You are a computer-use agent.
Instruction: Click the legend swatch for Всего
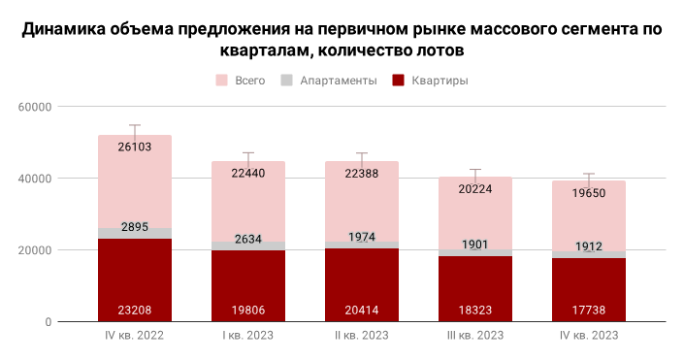(221, 80)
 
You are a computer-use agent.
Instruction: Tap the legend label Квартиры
(440, 80)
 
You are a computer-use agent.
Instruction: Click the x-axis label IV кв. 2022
(134, 336)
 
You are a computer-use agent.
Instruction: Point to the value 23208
(135, 311)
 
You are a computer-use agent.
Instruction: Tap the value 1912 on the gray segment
(588, 246)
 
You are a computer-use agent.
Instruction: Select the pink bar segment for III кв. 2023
(474, 218)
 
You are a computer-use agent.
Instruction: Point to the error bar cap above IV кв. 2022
(135, 125)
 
